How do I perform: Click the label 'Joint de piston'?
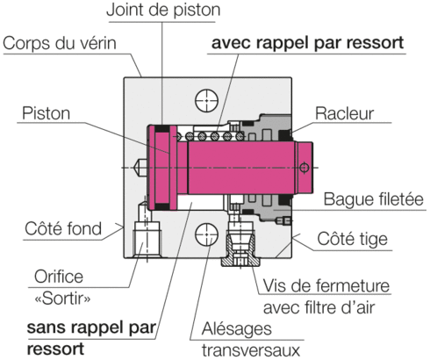click(163, 10)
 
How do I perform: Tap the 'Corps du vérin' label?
click(60, 43)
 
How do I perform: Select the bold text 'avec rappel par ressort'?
click(307, 43)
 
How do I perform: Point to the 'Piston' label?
click(47, 113)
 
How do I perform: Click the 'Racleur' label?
click(344, 113)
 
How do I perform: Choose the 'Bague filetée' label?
click(374, 199)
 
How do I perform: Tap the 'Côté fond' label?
click(63, 228)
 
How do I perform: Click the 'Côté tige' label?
click(353, 239)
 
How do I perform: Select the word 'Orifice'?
click(59, 277)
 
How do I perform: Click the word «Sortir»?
click(62, 299)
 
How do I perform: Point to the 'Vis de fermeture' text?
click(326, 285)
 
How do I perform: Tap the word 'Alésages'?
click(237, 329)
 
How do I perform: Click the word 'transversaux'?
click(251, 350)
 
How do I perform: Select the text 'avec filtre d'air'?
click(319, 307)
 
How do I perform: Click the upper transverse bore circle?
click(206, 100)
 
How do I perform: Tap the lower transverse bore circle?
click(206, 234)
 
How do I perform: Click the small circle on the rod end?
click(304, 168)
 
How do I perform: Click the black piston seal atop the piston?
click(161, 128)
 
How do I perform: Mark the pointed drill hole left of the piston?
click(140, 168)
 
